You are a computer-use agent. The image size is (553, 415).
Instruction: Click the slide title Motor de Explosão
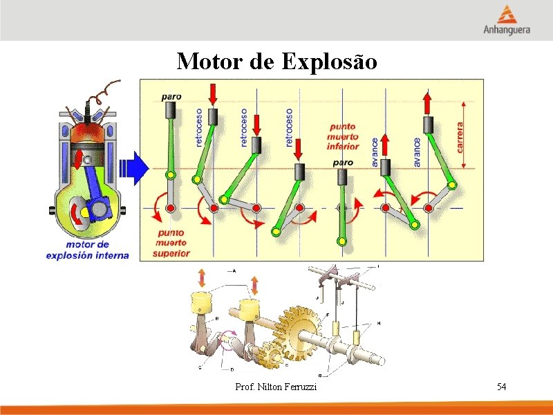pyautogui.click(x=276, y=62)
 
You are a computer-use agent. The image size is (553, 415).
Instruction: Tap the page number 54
pyautogui.click(x=501, y=386)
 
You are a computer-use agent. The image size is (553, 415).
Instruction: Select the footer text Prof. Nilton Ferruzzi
pyautogui.click(x=276, y=387)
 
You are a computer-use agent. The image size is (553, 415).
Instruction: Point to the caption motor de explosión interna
pyautogui.click(x=87, y=250)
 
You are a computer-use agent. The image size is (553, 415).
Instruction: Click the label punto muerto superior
pyautogui.click(x=171, y=243)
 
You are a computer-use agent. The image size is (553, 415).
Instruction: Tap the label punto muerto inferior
pyautogui.click(x=343, y=136)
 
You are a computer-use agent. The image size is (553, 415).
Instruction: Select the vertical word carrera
pyautogui.click(x=460, y=138)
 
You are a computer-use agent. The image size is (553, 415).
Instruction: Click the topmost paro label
pyautogui.click(x=171, y=97)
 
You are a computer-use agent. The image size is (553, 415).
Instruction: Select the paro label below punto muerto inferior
pyautogui.click(x=343, y=163)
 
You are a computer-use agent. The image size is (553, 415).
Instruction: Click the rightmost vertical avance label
pyautogui.click(x=417, y=151)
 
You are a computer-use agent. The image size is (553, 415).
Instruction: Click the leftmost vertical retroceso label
pyautogui.click(x=200, y=127)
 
